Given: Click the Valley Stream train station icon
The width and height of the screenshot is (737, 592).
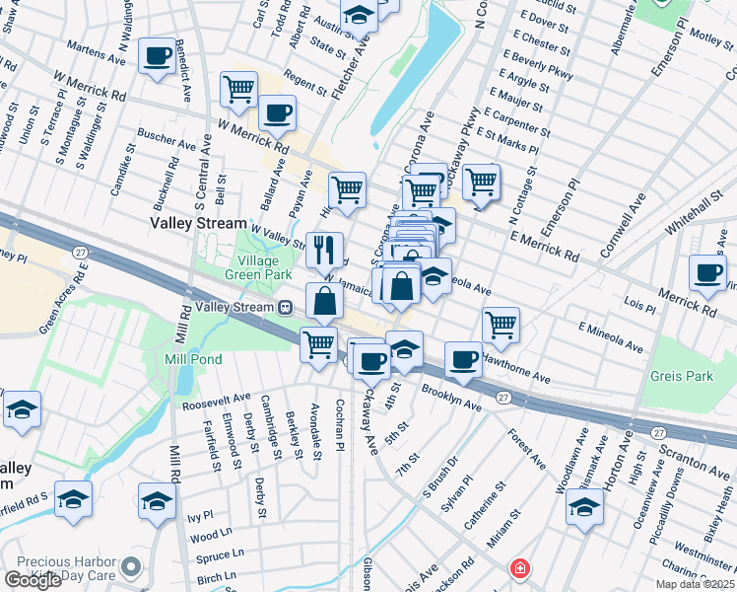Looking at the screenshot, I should point(285,307).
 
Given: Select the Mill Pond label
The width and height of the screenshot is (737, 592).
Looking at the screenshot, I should point(193,360).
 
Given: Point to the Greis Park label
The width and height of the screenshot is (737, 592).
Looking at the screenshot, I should point(681,376).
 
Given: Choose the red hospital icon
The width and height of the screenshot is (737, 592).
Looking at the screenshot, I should point(518,568).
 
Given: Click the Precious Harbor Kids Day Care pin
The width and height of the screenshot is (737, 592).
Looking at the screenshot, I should point(131,567).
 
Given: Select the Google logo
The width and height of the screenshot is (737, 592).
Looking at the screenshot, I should point(33,579).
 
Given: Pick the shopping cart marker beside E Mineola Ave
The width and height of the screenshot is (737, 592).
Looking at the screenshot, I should point(502,325).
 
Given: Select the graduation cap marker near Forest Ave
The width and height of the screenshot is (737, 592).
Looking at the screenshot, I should point(584,507).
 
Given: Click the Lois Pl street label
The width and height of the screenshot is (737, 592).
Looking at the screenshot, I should point(639,307).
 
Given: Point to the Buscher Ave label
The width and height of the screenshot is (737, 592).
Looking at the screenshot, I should point(167,142).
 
